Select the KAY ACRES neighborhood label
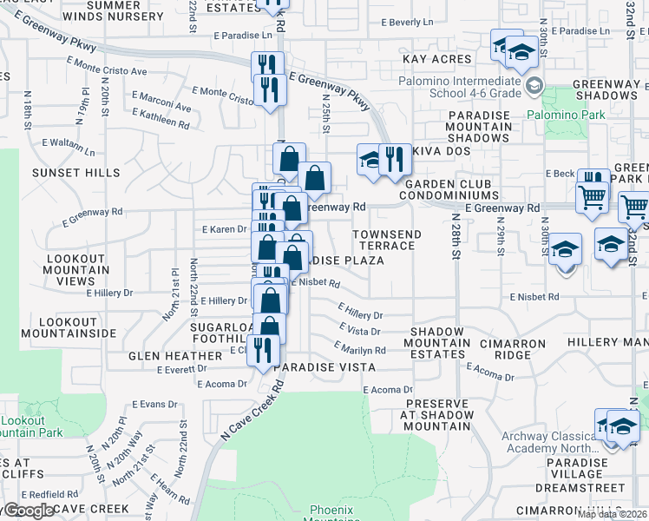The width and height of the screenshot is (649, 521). (437, 59)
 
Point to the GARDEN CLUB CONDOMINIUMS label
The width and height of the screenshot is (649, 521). (448, 189)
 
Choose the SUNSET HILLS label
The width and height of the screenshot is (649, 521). (76, 173)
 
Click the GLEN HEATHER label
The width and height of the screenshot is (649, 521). (175, 356)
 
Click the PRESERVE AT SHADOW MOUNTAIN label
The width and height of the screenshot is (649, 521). (437, 415)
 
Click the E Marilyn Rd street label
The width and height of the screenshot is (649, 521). (359, 349)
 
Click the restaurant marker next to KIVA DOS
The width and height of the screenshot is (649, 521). (395, 160)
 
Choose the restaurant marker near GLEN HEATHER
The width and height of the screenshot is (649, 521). (260, 349)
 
